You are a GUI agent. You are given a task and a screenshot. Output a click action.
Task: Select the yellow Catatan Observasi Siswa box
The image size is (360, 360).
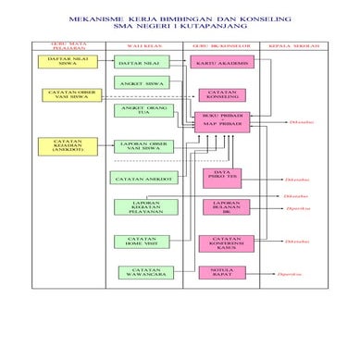[x=66, y=94]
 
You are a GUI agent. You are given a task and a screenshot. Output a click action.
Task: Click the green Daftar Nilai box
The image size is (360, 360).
[x=139, y=62]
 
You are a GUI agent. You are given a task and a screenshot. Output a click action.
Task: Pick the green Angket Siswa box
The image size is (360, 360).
[x=139, y=83]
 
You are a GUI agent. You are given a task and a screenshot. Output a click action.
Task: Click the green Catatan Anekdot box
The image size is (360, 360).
[x=139, y=178]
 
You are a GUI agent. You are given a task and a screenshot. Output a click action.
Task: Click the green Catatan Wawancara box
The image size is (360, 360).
[x=139, y=272]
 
